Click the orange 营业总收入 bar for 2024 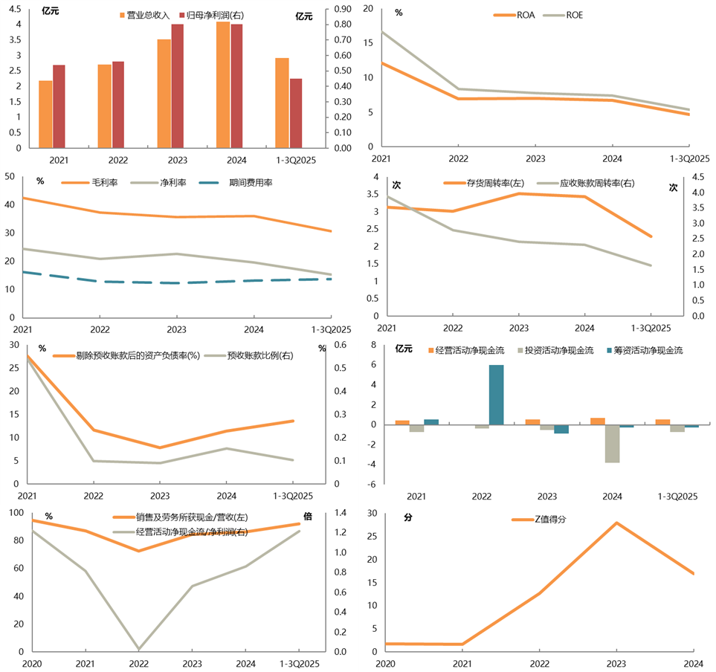tap(223, 85)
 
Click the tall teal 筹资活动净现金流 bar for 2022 tap(496, 395)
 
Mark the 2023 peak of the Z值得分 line tap(616, 523)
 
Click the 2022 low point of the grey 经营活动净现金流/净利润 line tap(138, 649)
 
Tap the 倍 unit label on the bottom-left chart tap(308, 516)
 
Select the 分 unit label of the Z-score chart tap(408, 517)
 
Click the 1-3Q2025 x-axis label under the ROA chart tap(689, 158)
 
